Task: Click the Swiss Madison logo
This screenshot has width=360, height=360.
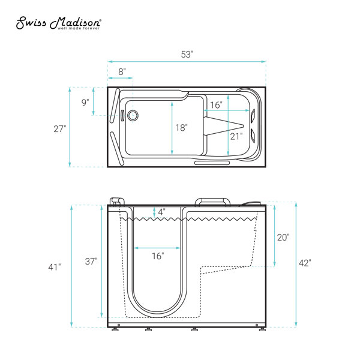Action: [x=59, y=23]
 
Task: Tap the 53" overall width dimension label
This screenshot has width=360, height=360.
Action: [x=187, y=55]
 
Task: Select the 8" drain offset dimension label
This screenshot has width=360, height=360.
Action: [x=122, y=71]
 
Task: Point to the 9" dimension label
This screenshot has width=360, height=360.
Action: [x=85, y=102]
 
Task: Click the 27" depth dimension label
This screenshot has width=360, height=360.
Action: [x=59, y=129]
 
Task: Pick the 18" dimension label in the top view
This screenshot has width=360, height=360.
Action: [x=181, y=127]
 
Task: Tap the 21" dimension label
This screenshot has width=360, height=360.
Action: [x=236, y=136]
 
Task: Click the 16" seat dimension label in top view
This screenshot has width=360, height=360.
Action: [x=216, y=105]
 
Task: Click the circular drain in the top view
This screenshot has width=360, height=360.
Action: [x=133, y=115]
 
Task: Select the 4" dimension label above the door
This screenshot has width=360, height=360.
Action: [x=161, y=212]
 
